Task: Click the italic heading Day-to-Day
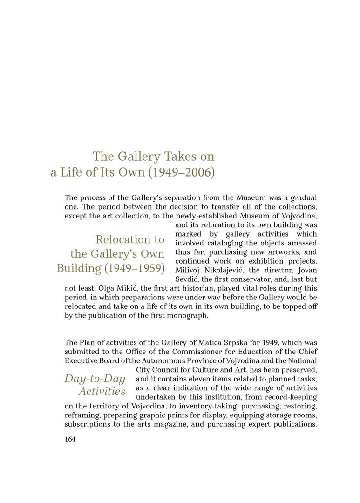point(95,378)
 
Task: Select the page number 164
point(70,439)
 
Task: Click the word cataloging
point(222,243)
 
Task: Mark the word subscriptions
point(87,424)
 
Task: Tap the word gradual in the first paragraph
point(303,197)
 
